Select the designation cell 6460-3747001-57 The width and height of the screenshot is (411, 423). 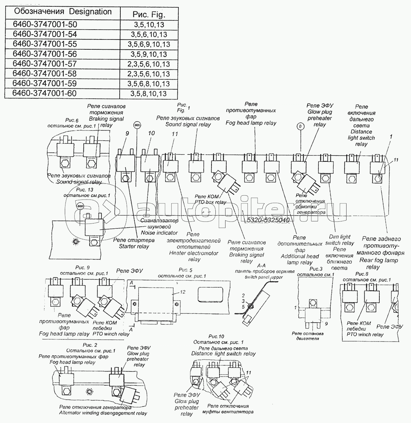[x=44, y=64]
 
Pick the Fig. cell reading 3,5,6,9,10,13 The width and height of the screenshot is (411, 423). [x=150, y=44]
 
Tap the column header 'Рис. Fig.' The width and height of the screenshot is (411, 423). [x=149, y=14]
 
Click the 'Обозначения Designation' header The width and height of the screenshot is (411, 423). [x=62, y=12]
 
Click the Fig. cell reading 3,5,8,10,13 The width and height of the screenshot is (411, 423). [x=148, y=94]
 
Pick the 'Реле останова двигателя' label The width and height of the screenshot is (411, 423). [x=308, y=336]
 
